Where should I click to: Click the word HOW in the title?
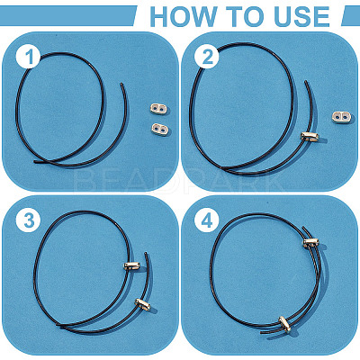tap(184, 16)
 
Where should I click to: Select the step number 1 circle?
tap(29, 57)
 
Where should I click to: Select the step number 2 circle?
tap(207, 57)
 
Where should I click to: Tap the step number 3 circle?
tap(29, 221)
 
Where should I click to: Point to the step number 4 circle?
tap(207, 221)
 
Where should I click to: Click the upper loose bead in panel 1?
tap(158, 109)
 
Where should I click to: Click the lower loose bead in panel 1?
tap(160, 130)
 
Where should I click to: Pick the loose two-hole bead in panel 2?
tap(342, 117)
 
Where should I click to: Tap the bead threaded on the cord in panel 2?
tap(310, 137)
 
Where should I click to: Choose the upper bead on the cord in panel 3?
tap(132, 265)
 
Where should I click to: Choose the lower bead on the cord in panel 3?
tap(143, 304)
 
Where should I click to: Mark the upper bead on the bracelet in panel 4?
tap(311, 242)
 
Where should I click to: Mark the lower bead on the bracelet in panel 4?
tap(284, 324)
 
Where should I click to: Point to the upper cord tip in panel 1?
tap(121, 84)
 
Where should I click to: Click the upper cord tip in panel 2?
tap(306, 81)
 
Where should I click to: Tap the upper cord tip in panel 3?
tap(146, 253)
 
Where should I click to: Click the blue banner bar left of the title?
tap(67, 15)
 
